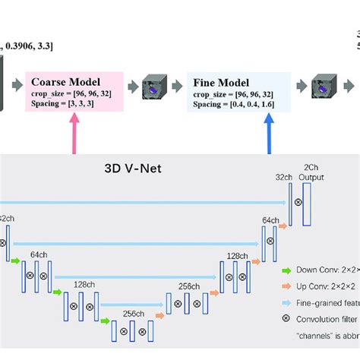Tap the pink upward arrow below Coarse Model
75,135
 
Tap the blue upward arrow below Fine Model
270,135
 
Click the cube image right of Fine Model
327,88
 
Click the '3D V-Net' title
132,169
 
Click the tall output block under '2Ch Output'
307,204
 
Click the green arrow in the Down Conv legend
286,270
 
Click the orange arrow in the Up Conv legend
286,286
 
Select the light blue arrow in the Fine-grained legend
286,304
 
